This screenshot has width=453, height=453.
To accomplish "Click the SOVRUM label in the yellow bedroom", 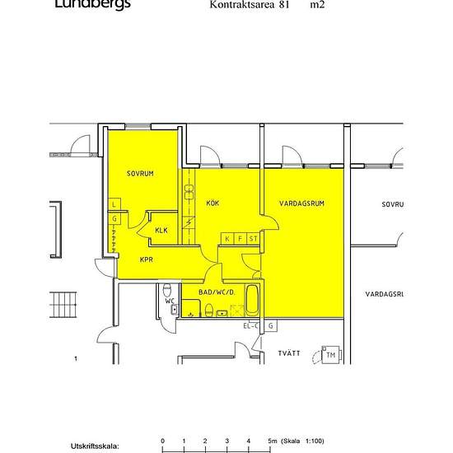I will point(140,174).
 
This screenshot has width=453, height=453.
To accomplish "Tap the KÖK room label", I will point(212,203).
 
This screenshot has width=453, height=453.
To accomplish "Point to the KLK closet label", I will point(161,230).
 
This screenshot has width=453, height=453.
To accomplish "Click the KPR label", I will point(147,259).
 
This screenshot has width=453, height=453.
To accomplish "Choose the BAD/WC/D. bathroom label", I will point(217,292).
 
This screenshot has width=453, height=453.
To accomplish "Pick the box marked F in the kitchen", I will point(241,238).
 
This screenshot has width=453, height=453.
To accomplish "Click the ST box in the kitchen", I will point(254,238).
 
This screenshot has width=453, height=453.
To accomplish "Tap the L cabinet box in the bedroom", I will point(114,204).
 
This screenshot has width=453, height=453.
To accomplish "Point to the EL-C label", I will point(250,327).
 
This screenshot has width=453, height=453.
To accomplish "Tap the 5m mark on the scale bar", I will point(271,441).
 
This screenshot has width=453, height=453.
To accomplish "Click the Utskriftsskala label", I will point(95,446).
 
